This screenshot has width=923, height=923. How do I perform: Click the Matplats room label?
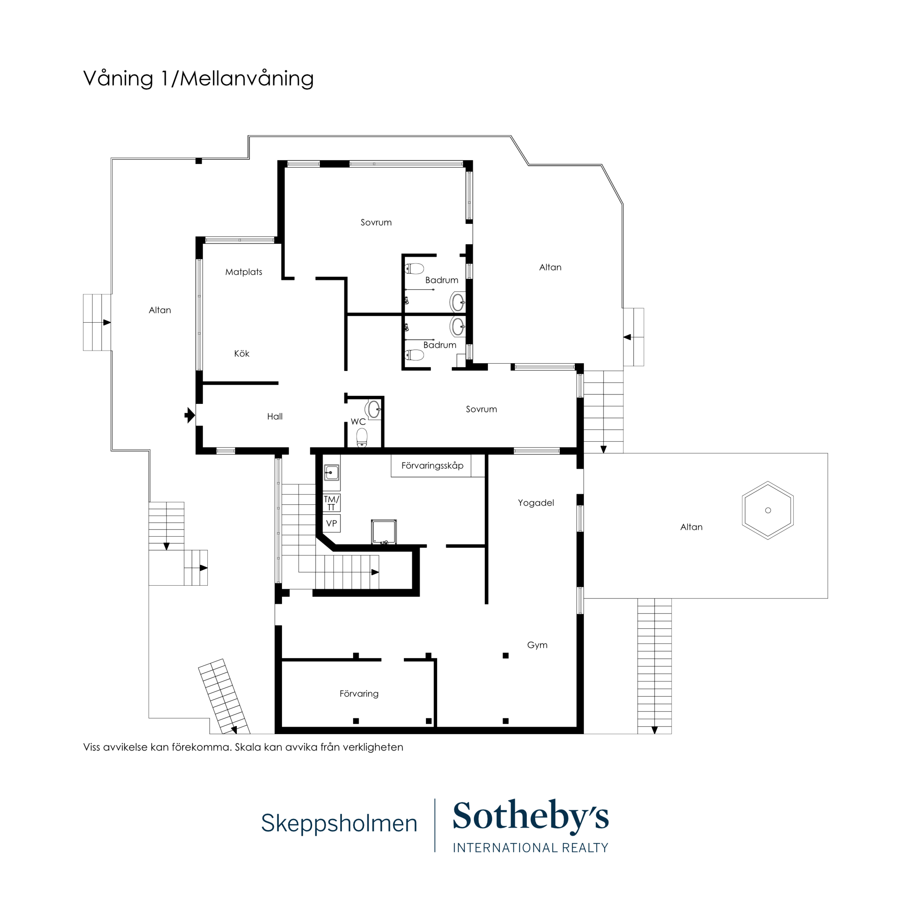pos(244,272)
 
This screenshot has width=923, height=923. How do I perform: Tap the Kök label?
pos(242,354)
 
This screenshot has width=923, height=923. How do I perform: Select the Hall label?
pos(275,417)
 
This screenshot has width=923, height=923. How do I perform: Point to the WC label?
pos(358,422)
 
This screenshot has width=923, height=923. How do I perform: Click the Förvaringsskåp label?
pos(432,466)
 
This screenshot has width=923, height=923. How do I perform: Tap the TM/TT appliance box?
pos(332,503)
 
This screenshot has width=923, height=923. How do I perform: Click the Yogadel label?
pos(535,503)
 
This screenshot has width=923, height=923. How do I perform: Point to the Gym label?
pos(537,645)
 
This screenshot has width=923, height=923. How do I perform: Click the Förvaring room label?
pos(359,694)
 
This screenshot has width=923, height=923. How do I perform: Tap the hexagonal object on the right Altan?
pos(768,510)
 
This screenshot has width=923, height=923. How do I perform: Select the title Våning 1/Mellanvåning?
pos(198,79)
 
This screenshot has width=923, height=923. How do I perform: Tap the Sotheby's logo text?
pos(530,816)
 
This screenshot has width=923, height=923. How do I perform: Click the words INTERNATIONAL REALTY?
pos(530,848)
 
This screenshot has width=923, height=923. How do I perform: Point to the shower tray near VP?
pos(384,532)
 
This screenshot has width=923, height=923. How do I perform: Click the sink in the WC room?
pos(374,409)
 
